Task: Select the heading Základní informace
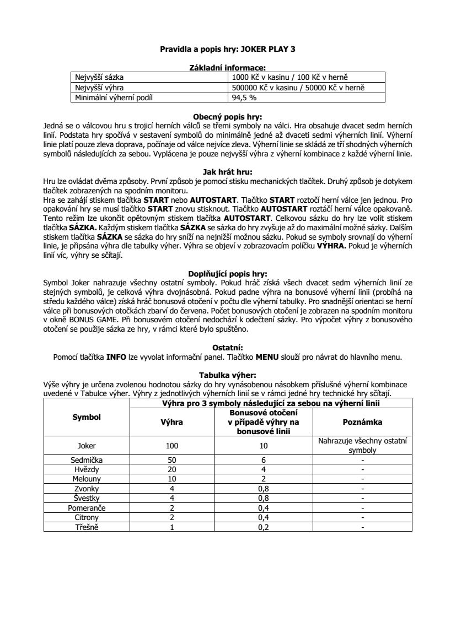point(228,67)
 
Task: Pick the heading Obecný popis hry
point(228,117)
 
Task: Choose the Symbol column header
point(87,417)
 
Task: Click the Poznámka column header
point(362,421)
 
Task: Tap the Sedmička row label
point(87,459)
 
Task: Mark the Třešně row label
point(87,528)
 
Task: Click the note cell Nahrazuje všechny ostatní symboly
point(362,446)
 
